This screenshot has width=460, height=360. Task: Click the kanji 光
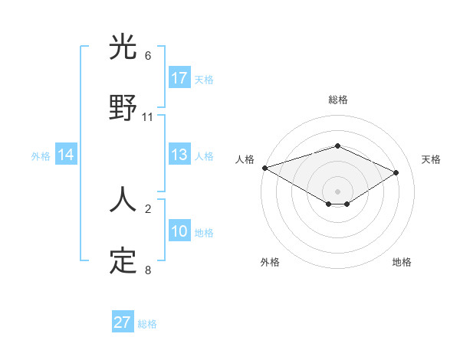[123, 48]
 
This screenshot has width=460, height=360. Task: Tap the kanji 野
[123, 108]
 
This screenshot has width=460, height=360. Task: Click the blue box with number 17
[179, 78]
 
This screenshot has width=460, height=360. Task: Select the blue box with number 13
[179, 155]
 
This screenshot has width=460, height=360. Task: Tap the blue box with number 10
[179, 231]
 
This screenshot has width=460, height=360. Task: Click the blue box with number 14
[66, 155]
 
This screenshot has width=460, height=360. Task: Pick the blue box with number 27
[123, 322]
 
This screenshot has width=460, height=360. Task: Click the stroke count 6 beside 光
[148, 56]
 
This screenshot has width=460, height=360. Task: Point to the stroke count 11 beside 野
[148, 117]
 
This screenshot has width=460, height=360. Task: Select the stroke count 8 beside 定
[148, 270]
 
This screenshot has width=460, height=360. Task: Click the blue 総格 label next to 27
[147, 324]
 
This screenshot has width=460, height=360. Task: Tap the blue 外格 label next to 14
[41, 156]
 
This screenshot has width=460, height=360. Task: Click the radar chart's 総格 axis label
[337, 100]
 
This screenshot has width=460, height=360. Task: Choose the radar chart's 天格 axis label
[431, 159]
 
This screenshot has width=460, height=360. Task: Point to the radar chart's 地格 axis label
[402, 262]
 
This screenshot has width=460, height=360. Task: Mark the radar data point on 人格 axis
[264, 168]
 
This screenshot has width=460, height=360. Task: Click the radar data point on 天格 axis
[396, 172]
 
